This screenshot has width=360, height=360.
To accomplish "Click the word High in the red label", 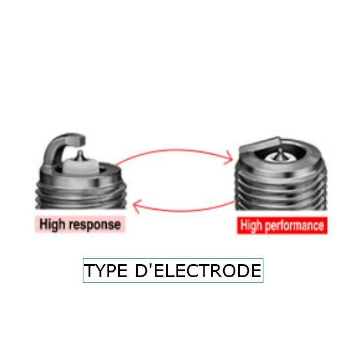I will [252, 226].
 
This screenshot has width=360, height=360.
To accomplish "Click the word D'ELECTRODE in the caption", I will [197, 271].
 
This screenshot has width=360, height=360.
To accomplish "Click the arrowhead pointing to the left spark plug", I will [137, 208].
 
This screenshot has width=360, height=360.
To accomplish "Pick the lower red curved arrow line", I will [186, 211].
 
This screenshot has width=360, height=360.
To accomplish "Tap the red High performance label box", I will [281, 226].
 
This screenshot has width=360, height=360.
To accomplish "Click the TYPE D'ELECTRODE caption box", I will [173, 271].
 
